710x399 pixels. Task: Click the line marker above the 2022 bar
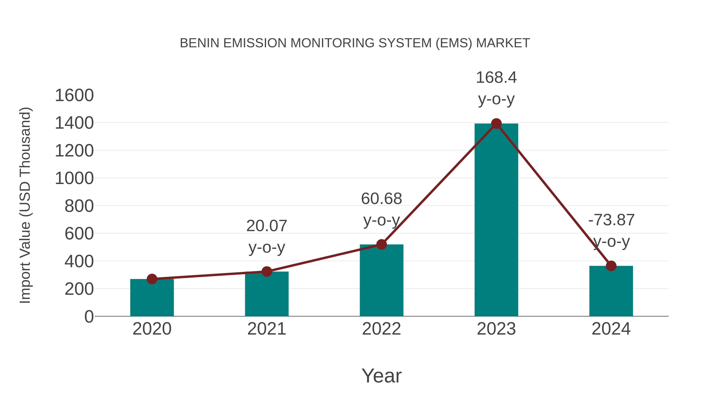coord(381,244)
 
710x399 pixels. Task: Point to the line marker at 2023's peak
coord(496,124)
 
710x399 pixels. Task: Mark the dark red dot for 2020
coord(152,279)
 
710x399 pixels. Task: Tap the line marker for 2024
coord(611,266)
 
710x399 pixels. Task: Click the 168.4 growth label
coord(496,78)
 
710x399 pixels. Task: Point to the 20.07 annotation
coord(266,226)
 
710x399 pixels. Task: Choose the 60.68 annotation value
coord(381,199)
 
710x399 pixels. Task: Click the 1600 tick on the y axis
coord(74,96)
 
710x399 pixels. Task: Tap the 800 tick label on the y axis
coord(79,206)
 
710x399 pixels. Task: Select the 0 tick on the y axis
coord(89,317)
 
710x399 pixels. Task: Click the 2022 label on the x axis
coord(381,329)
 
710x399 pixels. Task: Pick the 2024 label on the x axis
coord(611,329)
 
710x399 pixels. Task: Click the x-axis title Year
coord(381,376)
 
